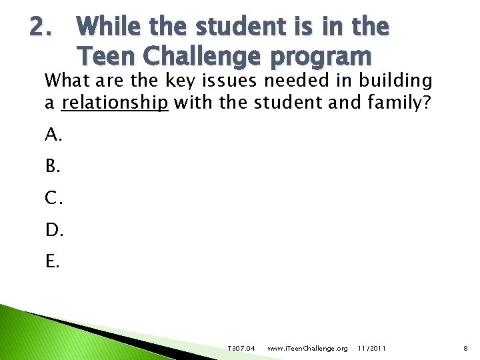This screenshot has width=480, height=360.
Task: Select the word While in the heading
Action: [x=110, y=27]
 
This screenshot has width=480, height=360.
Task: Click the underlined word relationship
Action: [x=115, y=103]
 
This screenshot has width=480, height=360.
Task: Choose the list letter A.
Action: [x=53, y=135]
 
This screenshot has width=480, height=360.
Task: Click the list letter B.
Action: [x=53, y=167]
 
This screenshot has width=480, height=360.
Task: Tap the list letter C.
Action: [x=54, y=198]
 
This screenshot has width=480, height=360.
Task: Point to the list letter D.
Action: [x=54, y=230]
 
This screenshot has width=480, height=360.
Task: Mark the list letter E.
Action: [x=53, y=261]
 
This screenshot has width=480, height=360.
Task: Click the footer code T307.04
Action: [x=241, y=349]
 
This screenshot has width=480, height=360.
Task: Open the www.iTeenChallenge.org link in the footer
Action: [x=307, y=349]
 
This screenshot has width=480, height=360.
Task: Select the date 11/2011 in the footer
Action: [x=371, y=349]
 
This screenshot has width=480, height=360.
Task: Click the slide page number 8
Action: [x=467, y=349]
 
